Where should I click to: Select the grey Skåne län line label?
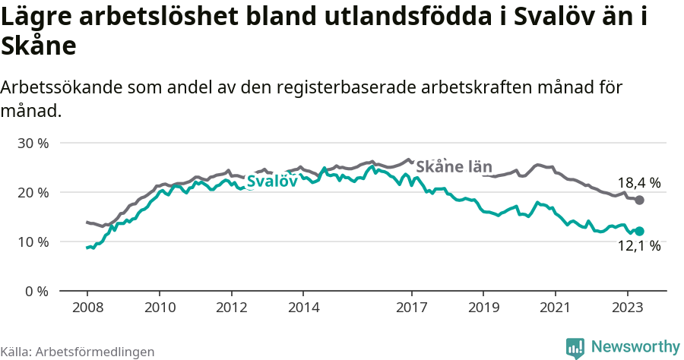point(454,167)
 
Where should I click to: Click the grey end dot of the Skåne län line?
point(640,200)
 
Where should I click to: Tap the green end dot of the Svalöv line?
point(640,231)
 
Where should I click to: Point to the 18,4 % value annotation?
point(638,183)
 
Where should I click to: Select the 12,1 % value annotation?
point(638,246)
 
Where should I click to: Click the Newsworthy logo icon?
point(575,348)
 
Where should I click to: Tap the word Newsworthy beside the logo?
point(635,347)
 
